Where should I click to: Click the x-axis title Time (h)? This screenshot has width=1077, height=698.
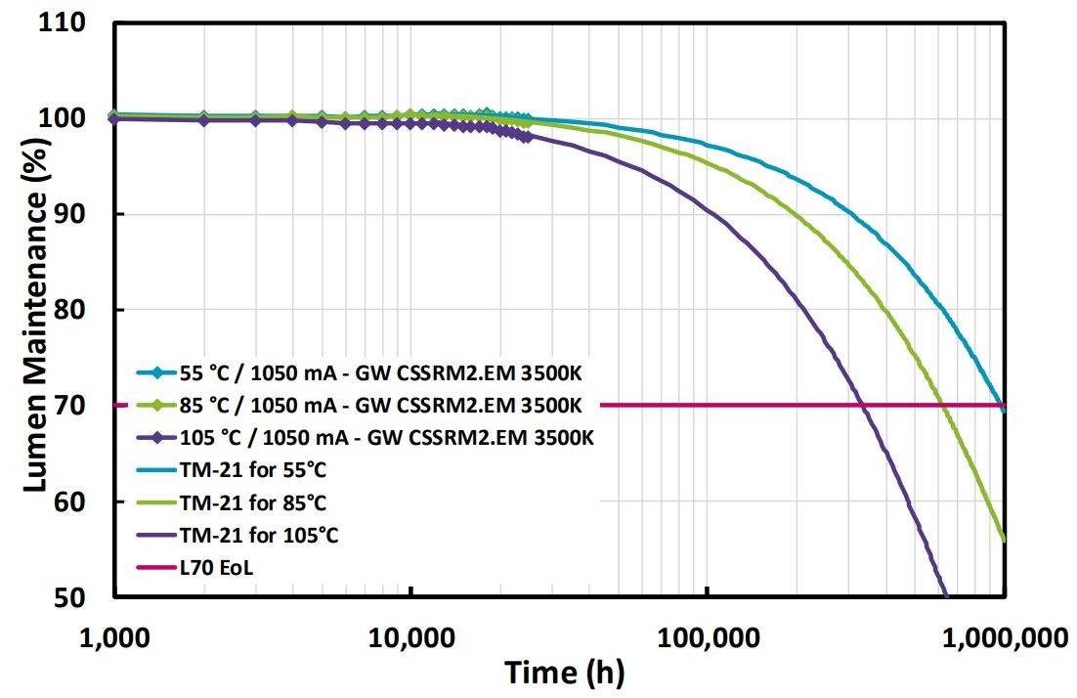tap(564, 673)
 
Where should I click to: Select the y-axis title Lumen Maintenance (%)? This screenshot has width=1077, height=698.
tap(36, 310)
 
